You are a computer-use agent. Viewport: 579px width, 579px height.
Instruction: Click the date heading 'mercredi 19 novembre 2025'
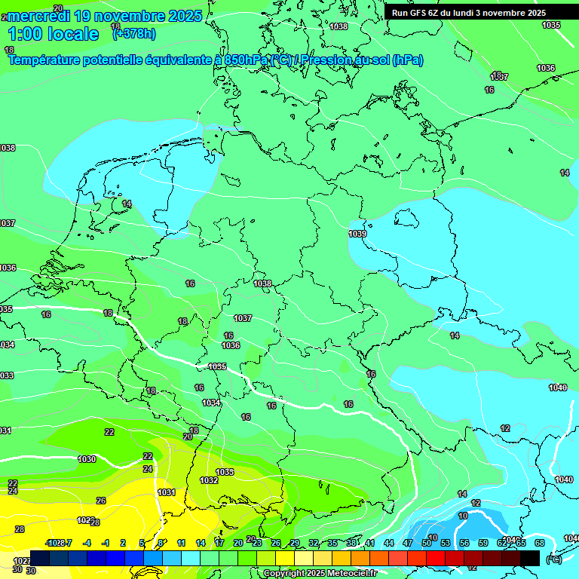coord(104,16)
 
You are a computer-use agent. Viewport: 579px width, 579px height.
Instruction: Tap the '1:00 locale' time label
coord(54,34)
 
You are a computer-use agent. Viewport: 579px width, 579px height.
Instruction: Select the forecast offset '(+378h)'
coord(133,33)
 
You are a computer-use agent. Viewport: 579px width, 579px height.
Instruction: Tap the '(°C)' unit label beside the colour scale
coord(554,559)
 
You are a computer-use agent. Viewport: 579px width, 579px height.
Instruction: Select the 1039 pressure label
coord(357,234)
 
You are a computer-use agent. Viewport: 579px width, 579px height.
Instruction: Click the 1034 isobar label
coord(212,403)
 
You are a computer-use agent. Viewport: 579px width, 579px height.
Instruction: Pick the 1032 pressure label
coord(209,480)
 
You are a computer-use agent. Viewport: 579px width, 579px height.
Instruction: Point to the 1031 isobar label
coord(167,492)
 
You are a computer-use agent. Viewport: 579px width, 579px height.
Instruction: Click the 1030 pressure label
coord(87,459)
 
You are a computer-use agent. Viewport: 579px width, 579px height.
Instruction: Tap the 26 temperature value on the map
coord(101,501)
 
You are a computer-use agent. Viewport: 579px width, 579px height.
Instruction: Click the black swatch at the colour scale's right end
coord(530,557)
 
